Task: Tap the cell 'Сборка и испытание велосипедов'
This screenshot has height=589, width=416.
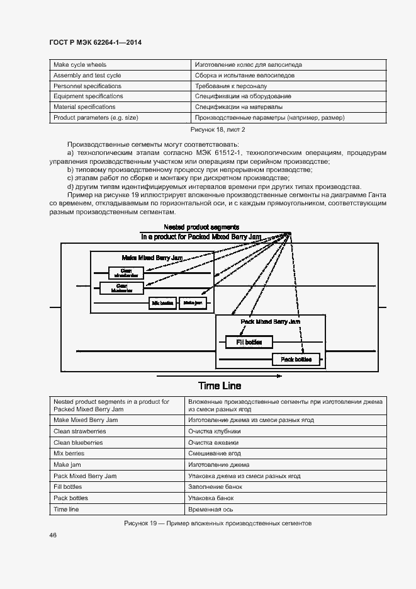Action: click(x=245, y=75)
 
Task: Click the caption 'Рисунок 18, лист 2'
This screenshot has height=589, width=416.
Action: click(x=218, y=129)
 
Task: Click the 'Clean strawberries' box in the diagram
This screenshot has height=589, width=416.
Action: click(x=126, y=272)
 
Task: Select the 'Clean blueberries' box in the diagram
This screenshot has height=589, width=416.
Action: click(x=121, y=288)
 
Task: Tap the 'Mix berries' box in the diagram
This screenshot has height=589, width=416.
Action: click(x=162, y=303)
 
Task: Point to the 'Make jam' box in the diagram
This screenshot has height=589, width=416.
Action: click(x=192, y=303)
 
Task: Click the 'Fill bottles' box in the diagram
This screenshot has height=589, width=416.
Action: click(x=249, y=342)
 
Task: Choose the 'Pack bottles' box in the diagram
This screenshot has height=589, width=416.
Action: click(x=296, y=359)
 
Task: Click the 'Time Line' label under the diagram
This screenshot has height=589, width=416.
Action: click(x=220, y=386)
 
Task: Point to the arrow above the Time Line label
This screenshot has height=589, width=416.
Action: click(x=218, y=375)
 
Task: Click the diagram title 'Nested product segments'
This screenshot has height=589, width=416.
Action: click(x=201, y=227)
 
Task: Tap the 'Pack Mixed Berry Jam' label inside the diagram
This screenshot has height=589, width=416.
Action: click(x=271, y=321)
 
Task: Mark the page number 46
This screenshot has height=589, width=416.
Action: click(x=53, y=535)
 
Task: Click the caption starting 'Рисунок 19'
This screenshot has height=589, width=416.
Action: click(x=218, y=523)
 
